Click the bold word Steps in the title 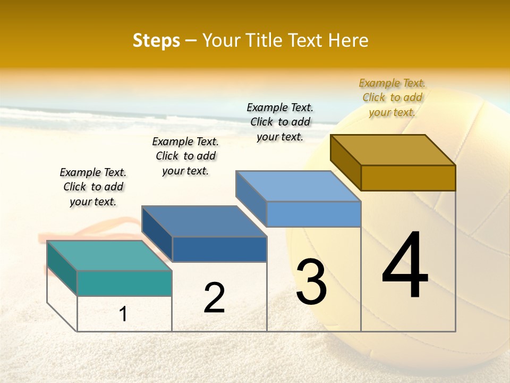[156, 40]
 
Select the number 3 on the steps [311, 282]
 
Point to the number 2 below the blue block [214, 298]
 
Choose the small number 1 [123, 314]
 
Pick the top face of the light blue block [298, 186]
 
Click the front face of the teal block [124, 283]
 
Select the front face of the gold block [408, 178]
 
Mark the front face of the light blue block [313, 214]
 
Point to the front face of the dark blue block [219, 249]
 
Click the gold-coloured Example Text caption [392, 97]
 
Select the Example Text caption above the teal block [93, 187]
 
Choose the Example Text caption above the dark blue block [185, 156]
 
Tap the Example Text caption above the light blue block [280, 122]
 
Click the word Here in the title [348, 40]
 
